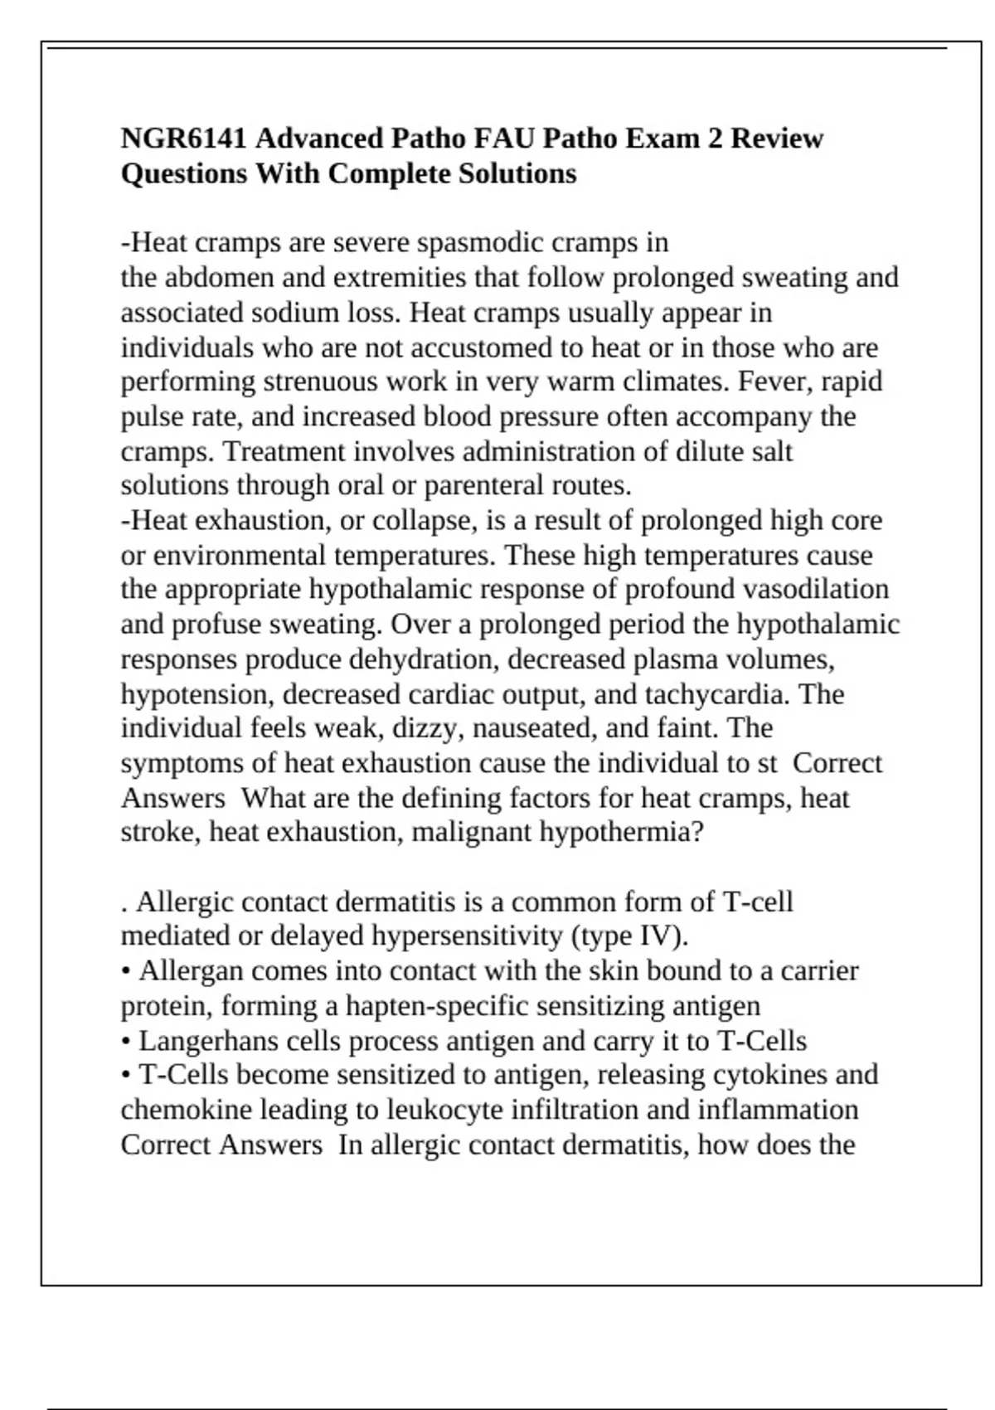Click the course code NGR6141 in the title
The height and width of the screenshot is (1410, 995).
click(x=183, y=138)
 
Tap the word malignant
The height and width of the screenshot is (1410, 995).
click(x=471, y=831)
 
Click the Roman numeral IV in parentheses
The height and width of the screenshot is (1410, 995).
click(x=658, y=936)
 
